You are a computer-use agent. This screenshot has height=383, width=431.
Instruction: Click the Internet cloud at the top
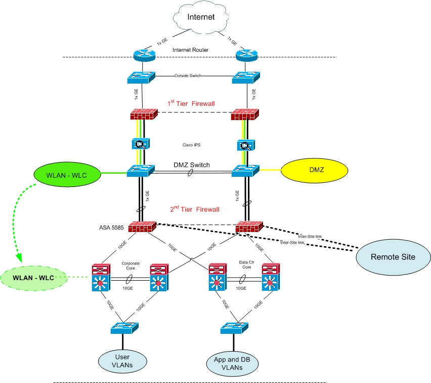point(201,18)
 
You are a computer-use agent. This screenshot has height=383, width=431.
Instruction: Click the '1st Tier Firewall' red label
point(191,103)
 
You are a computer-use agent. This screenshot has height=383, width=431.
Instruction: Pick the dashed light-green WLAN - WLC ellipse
point(33,277)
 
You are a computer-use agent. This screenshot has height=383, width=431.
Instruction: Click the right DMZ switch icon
point(246,171)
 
